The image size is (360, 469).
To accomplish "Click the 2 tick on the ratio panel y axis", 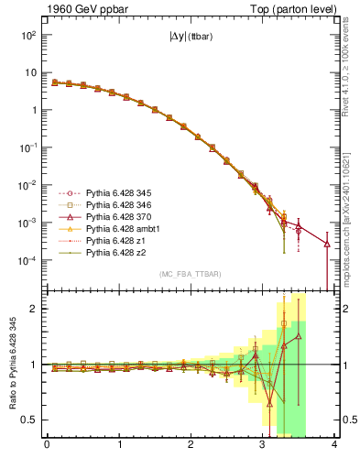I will (34, 309).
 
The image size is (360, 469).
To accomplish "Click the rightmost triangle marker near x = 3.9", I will (327, 243).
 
